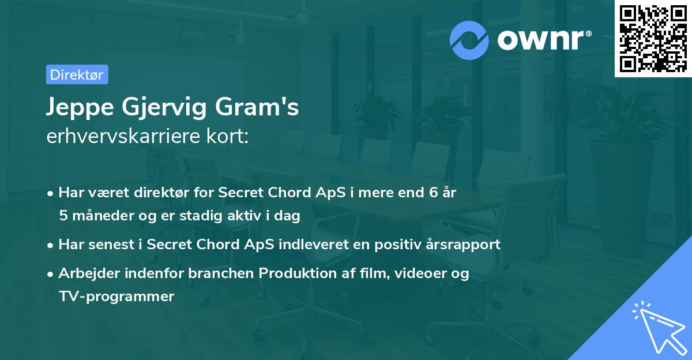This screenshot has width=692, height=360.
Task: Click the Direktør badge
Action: [x=76, y=74]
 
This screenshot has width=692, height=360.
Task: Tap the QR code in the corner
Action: [x=652, y=38]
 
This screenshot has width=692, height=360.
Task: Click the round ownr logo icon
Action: [x=469, y=40]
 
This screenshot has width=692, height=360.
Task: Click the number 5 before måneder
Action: [x=62, y=216]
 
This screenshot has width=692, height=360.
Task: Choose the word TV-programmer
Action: [x=116, y=297]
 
